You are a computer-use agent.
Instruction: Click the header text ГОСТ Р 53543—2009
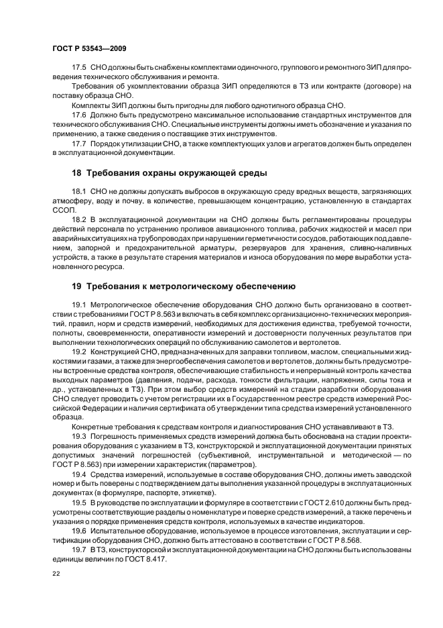click(x=89, y=49)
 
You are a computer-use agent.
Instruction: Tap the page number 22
click(x=56, y=574)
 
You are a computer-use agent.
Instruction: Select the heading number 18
click(x=78, y=172)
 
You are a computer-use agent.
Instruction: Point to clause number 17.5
click(x=79, y=68)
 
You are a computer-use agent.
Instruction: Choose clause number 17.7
click(x=79, y=144)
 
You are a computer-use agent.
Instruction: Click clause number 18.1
click(x=79, y=191)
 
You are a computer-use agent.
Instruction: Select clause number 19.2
click(x=79, y=351)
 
